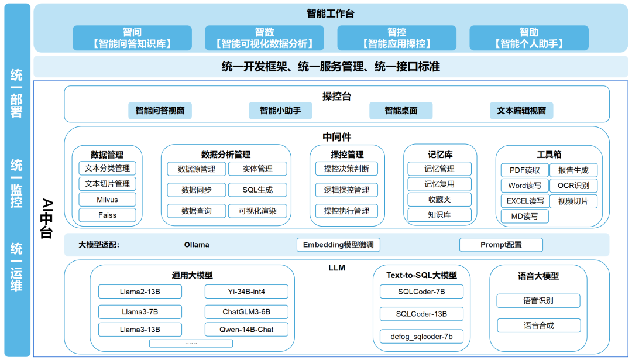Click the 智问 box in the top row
[132, 37]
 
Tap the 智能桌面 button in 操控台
[401, 110]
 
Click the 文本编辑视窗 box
[521, 110]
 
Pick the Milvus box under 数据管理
[107, 200]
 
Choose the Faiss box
[107, 215]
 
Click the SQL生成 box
[257, 190]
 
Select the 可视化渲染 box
[257, 211]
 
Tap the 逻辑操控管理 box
[346, 190]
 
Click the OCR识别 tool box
[573, 186]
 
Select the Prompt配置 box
[501, 245]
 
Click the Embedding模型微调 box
[338, 245]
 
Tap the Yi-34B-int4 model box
[246, 292]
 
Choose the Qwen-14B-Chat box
[246, 330]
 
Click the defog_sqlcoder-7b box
[421, 337]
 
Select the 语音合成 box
[538, 325]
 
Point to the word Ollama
[197, 245]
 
